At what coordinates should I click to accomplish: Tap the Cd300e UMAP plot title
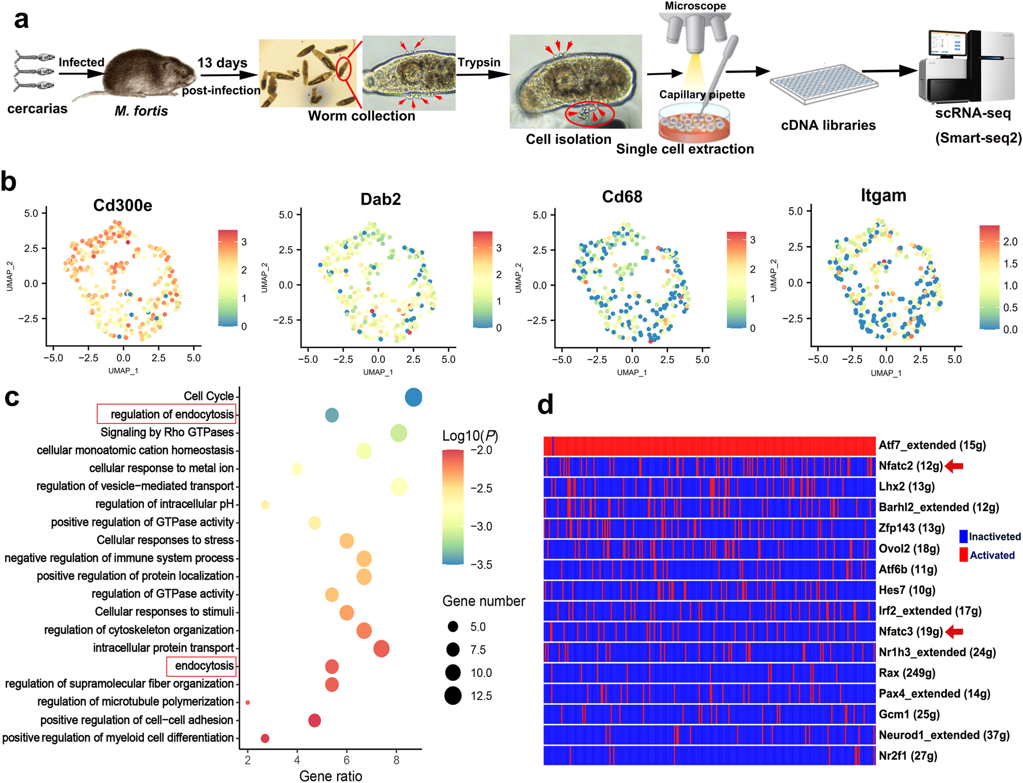pyautogui.click(x=123, y=205)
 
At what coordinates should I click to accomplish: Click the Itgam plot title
pyautogui.click(x=883, y=195)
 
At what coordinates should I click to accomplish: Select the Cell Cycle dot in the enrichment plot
pyautogui.click(x=413, y=397)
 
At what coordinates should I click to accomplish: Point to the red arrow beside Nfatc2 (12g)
pyautogui.click(x=954, y=466)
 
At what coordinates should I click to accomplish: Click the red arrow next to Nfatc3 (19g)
pyautogui.click(x=954, y=631)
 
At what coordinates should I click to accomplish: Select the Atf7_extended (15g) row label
pyautogui.click(x=932, y=445)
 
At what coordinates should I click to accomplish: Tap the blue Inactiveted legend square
pyautogui.click(x=963, y=536)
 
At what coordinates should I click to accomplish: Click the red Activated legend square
pyautogui.click(x=963, y=555)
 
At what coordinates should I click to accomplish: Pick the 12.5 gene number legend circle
pyautogui.click(x=453, y=695)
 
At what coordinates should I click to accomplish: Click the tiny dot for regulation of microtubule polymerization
pyautogui.click(x=248, y=703)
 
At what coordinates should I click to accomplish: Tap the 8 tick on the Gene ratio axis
pyautogui.click(x=396, y=760)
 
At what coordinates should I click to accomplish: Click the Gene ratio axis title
pyautogui.click(x=330, y=776)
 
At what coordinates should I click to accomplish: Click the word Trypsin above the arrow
pyautogui.click(x=479, y=62)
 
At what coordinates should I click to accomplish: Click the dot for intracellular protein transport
pyautogui.click(x=381, y=648)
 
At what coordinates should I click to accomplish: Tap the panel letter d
pyautogui.click(x=545, y=404)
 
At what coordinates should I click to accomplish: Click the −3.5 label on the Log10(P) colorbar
pyautogui.click(x=481, y=564)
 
